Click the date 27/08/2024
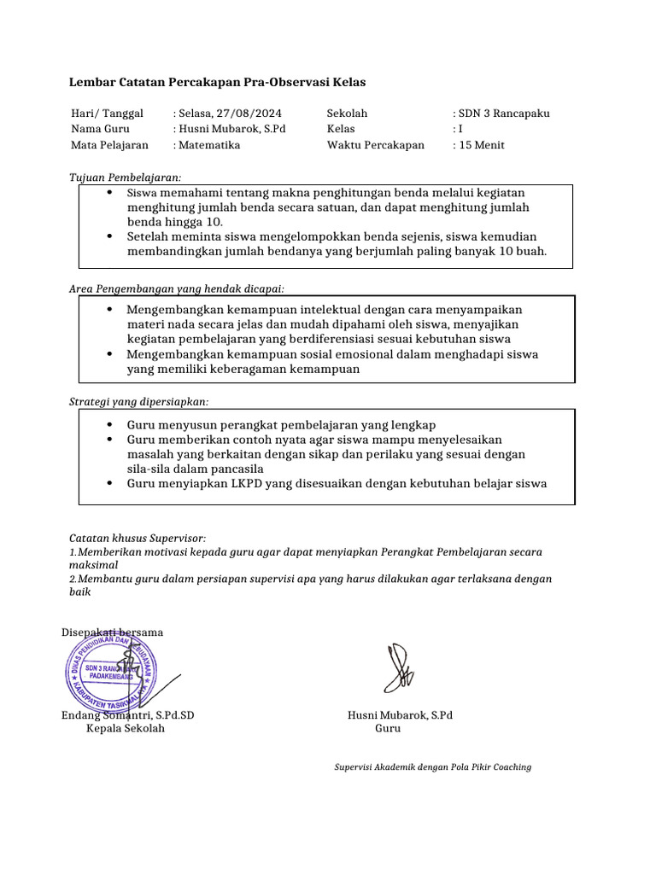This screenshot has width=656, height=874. [249, 113]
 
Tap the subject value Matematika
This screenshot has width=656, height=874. [209, 145]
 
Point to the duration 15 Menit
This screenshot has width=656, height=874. [482, 145]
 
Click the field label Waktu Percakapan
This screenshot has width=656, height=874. [375, 145]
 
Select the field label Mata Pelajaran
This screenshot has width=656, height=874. [109, 145]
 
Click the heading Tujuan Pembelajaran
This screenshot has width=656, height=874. [125, 177]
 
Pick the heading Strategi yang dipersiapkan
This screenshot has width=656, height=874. [138, 401]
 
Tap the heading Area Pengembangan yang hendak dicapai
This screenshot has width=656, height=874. [177, 289]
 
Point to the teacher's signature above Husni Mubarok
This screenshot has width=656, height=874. [399, 668]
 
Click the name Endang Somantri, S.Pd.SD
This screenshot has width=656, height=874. [128, 714]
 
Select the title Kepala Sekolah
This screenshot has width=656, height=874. [126, 728]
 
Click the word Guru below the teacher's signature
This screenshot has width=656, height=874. [388, 728]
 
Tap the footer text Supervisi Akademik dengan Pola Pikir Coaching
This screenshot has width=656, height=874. [432, 766]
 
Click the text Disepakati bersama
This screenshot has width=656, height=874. [112, 632]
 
